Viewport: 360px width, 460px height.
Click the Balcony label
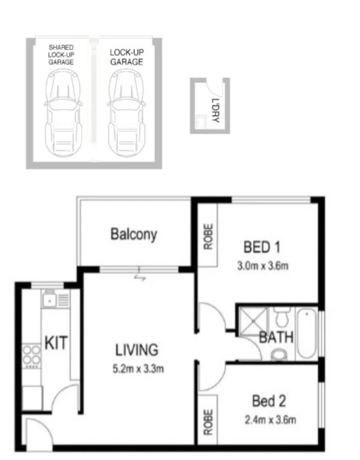pyautogui.click(x=133, y=234)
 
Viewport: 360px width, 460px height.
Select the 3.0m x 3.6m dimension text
pyautogui.click(x=263, y=267)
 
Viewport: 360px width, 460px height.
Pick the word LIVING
pyautogui.click(x=137, y=350)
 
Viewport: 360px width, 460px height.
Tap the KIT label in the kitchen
pyautogui.click(x=56, y=343)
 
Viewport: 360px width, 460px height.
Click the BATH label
pyautogui.click(x=276, y=338)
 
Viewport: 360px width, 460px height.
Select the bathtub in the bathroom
pyautogui.click(x=306, y=335)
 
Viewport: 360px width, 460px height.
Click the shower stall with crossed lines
pyautogui.click(x=253, y=321)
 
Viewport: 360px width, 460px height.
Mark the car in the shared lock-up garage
pyautogui.click(x=63, y=113)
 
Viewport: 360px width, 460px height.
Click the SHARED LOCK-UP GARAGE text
pyautogui.click(x=61, y=55)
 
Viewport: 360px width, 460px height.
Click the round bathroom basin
pyautogui.click(x=279, y=354)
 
